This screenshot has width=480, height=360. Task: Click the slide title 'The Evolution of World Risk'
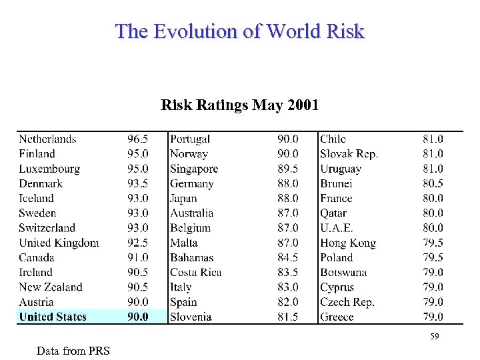point(240,31)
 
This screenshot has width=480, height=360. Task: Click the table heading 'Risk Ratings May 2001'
point(240,105)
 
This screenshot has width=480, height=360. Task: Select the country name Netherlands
point(47,139)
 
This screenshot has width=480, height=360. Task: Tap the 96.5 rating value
point(138,139)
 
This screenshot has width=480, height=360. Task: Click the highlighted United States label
point(53,317)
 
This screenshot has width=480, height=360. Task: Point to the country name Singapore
point(194,169)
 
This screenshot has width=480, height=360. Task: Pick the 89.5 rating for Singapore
point(288,169)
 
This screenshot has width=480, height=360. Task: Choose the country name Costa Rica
point(195,272)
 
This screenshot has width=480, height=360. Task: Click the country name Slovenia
point(191,317)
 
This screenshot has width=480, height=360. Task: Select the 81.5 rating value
point(288,317)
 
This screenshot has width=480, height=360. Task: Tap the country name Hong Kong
point(348,243)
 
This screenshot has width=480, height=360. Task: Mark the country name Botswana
point(343,272)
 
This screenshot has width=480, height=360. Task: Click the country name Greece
point(337,317)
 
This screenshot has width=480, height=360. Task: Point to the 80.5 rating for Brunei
point(433,183)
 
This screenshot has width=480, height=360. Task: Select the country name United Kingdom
point(59,243)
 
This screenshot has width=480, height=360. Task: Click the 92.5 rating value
point(138,243)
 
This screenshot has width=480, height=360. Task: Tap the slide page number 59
point(434,337)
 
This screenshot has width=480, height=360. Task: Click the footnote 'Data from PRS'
point(73,351)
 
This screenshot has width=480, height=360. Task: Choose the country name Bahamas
point(191,257)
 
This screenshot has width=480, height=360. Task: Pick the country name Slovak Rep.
point(349,154)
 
